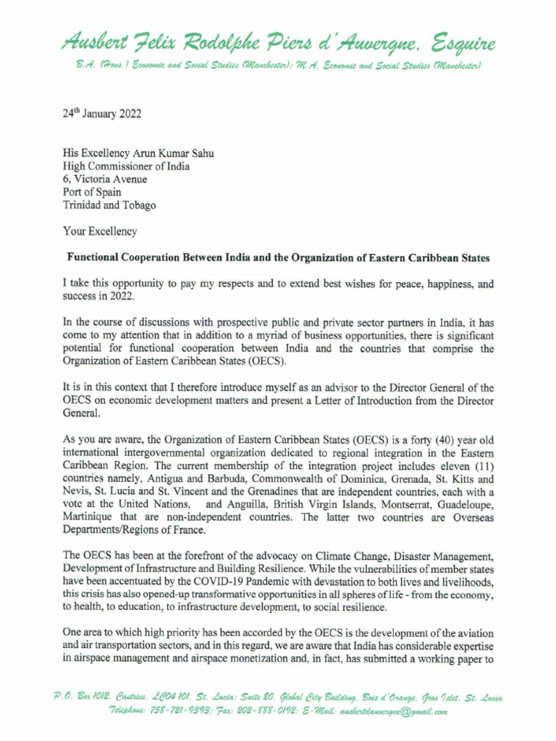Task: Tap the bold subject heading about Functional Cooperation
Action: click(x=279, y=258)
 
